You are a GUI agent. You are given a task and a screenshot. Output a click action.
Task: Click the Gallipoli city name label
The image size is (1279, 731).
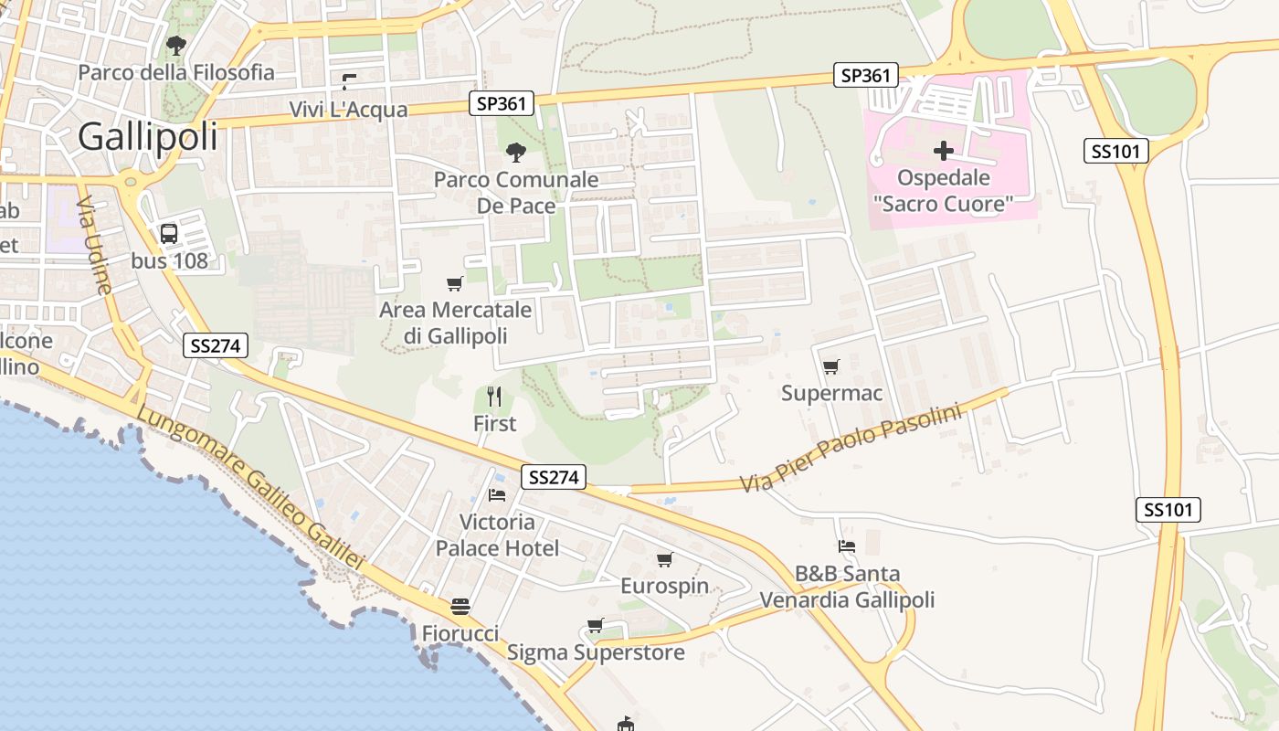148,137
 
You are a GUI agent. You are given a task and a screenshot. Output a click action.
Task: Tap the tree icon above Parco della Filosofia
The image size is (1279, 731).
175,45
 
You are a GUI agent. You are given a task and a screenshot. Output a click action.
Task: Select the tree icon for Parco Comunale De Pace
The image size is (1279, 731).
516,153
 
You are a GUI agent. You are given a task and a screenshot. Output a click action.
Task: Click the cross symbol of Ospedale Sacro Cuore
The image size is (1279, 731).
944,150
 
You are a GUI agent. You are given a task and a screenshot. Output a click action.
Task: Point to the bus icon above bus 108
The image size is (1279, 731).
169,234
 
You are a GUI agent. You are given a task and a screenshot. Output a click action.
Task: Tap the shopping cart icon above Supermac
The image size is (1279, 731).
830,367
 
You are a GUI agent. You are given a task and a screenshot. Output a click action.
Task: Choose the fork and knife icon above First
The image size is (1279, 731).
494,397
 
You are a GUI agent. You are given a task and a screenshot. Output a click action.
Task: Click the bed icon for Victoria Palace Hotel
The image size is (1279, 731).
497,495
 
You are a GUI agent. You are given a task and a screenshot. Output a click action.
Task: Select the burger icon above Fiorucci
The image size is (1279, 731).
460,607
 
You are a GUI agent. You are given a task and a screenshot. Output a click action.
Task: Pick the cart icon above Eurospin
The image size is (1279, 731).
664,559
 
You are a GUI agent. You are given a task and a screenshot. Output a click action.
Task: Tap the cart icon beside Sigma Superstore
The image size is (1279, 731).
595,626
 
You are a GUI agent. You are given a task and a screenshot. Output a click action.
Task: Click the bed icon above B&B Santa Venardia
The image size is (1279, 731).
847,546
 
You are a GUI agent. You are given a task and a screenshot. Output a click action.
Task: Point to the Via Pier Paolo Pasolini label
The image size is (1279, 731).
851,449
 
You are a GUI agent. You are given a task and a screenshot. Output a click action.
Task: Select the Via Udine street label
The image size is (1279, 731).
94,245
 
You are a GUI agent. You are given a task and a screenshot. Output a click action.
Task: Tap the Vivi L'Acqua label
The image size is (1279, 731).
348,110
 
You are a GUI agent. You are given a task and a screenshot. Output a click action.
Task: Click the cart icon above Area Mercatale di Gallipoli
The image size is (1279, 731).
454,283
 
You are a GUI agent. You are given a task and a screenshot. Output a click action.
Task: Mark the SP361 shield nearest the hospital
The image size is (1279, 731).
865,75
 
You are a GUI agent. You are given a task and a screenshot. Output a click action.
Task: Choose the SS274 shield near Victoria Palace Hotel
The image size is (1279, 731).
554,477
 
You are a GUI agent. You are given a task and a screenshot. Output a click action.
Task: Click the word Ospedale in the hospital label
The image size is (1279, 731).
943,177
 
